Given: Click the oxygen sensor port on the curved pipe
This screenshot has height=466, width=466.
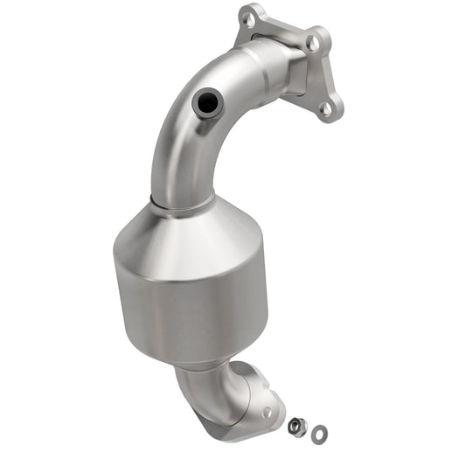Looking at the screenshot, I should pyautogui.click(x=207, y=104).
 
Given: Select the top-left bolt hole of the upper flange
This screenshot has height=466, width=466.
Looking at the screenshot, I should pyautogui.click(x=251, y=15).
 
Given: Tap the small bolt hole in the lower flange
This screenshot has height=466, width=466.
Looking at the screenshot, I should pyautogui.click(x=268, y=411).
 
